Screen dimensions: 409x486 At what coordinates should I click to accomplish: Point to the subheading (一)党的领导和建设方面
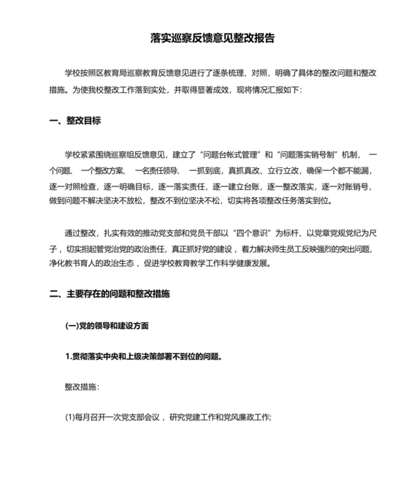click(110, 325)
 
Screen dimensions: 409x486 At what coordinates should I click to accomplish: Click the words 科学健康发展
click(248, 264)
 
